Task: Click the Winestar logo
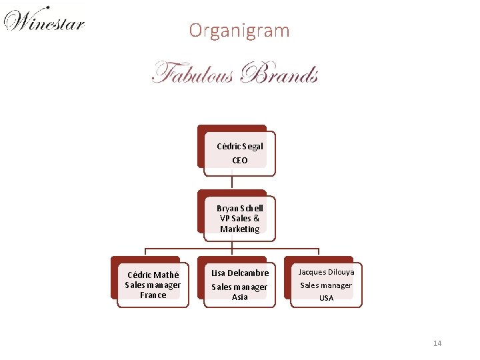coord(44,21)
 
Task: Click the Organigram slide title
coord(239,31)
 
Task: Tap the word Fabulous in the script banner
coord(193,72)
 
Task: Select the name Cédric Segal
coord(240,146)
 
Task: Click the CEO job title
coord(240,160)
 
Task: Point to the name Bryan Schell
coord(240,208)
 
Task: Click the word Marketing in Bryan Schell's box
coord(240,229)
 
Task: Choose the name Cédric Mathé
coord(153,275)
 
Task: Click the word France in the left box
coord(153,295)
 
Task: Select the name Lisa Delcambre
coord(240,273)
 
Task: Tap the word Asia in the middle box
coord(240,297)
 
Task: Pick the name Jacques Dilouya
coord(326,272)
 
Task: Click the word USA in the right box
coord(326,298)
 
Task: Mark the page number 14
coord(437,343)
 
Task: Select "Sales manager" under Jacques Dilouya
coord(326,285)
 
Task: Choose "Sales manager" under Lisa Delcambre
coord(240,287)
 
